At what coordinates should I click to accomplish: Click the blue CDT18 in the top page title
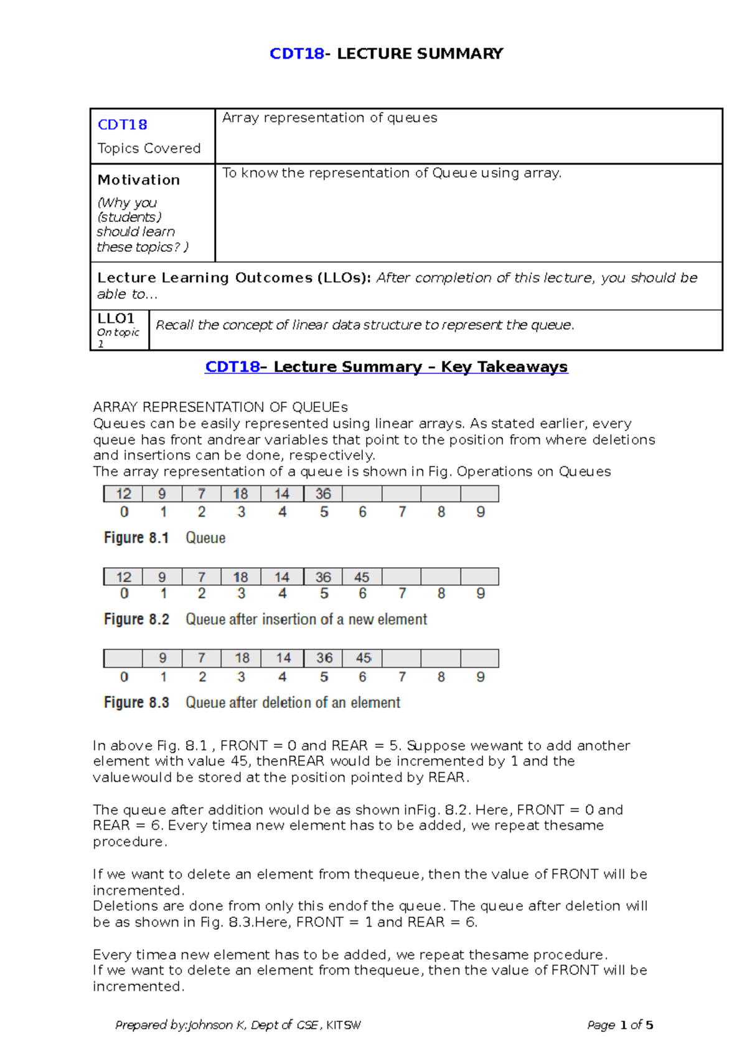(296, 54)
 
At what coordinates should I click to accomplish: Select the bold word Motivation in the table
(138, 180)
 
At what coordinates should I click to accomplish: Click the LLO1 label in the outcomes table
(116, 318)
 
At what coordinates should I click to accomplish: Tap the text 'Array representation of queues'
(329, 118)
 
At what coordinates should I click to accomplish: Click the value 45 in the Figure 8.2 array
(362, 577)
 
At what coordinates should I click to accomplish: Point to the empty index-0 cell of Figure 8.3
(123, 658)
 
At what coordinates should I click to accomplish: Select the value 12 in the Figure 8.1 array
(123, 494)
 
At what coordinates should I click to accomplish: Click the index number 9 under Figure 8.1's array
(480, 512)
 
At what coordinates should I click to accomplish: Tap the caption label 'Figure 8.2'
(136, 619)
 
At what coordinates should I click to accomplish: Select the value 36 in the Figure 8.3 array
(324, 658)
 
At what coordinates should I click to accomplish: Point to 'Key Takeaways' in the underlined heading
(504, 367)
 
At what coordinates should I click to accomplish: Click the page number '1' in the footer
(623, 1025)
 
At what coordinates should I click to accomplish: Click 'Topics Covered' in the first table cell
(149, 148)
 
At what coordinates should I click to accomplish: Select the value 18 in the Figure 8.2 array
(240, 577)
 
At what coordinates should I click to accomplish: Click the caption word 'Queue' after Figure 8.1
(205, 538)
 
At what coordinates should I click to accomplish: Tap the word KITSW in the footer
(343, 1025)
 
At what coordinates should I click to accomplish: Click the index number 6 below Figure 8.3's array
(362, 677)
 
